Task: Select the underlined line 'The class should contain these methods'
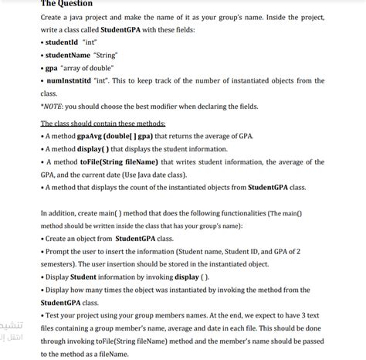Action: tap(103, 124)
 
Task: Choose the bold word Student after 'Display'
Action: tap(83, 276)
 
